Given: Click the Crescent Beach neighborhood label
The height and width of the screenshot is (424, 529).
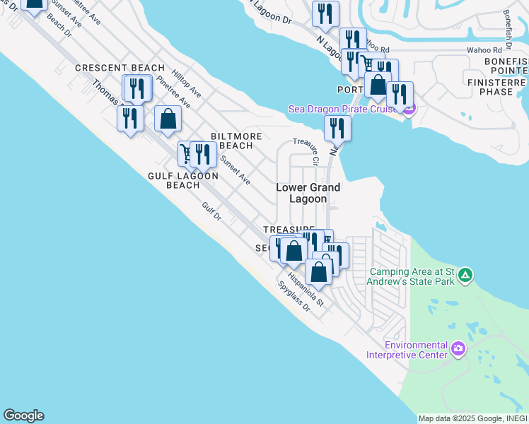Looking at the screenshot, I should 120,68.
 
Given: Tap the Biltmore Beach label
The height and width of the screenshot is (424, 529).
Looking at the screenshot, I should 236,141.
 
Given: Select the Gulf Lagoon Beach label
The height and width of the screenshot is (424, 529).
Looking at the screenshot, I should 183,180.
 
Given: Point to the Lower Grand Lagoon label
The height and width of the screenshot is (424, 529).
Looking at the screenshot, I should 308,193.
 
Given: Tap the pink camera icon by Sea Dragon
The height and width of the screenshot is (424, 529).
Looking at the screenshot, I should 409,108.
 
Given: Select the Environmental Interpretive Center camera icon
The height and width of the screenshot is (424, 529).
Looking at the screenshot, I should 458,348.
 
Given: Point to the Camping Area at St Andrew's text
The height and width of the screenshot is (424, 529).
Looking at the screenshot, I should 414,276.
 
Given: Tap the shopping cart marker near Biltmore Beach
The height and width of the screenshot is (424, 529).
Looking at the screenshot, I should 186,153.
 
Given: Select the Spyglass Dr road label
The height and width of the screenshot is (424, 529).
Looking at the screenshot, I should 294,297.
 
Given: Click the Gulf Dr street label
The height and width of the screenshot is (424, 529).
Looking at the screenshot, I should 212,212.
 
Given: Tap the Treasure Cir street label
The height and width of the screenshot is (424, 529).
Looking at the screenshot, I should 308,151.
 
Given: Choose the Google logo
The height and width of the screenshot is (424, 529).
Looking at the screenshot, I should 23,416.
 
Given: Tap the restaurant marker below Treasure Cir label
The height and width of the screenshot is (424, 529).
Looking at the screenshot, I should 338,128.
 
